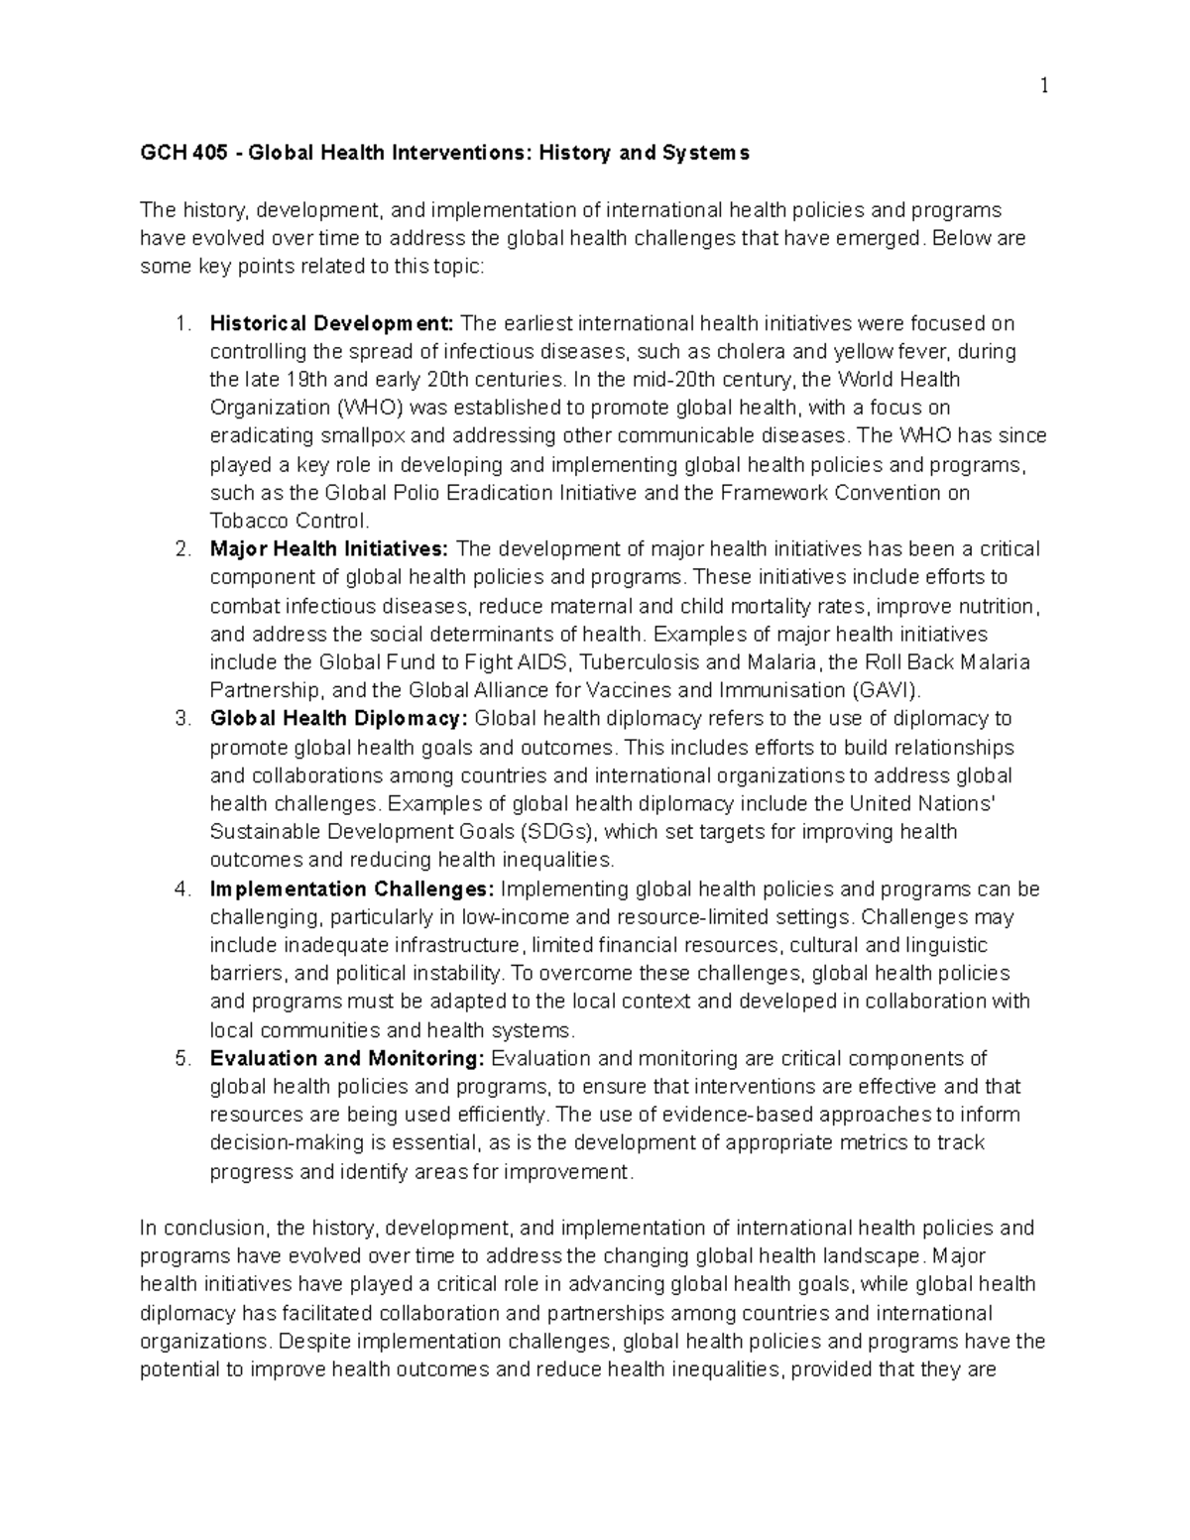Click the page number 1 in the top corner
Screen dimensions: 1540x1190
point(1043,86)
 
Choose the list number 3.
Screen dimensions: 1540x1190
point(182,719)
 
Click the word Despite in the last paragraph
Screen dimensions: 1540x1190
point(313,1342)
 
